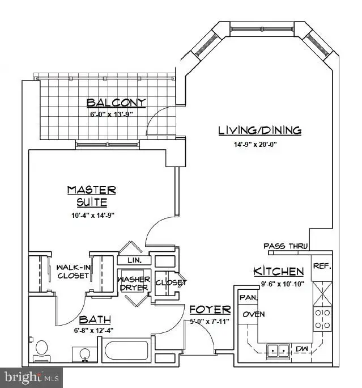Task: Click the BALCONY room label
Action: (x=116, y=103)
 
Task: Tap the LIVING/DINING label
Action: (x=259, y=130)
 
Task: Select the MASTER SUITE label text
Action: (x=91, y=196)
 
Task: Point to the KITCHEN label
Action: (x=278, y=271)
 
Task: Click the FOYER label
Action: (x=210, y=310)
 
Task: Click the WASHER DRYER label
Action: (x=134, y=283)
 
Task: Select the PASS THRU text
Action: (x=286, y=246)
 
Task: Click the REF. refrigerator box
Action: (x=322, y=265)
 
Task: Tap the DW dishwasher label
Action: (x=301, y=349)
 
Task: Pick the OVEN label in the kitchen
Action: (x=250, y=314)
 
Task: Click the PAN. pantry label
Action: (x=249, y=297)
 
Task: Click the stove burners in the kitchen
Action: (x=322, y=319)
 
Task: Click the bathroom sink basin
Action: (x=85, y=353)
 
